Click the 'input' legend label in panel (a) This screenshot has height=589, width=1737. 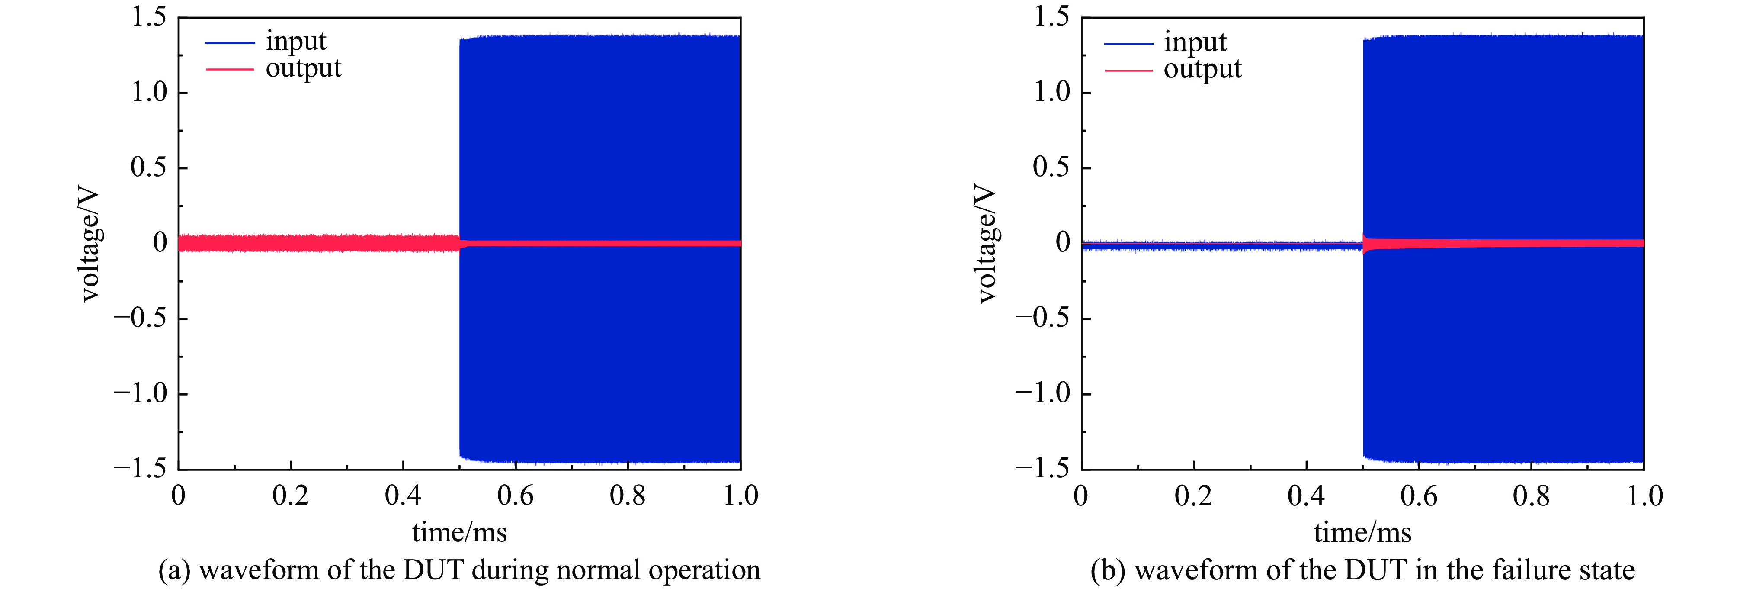(295, 42)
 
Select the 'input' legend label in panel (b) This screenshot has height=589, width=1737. (1195, 42)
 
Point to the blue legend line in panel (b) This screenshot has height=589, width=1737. (1128, 44)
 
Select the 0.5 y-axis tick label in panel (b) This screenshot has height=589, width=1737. (1051, 167)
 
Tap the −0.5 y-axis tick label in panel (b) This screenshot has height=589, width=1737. (1042, 318)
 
